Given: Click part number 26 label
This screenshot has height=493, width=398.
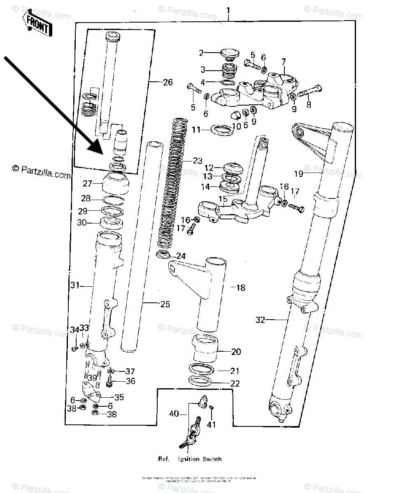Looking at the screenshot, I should (167, 82).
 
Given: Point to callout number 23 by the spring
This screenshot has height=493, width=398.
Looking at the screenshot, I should (198, 161).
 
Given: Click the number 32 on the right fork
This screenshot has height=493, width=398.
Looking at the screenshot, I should (260, 320).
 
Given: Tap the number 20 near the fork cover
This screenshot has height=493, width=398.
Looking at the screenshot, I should (236, 352).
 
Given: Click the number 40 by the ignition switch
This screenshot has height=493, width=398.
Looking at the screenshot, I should (174, 413).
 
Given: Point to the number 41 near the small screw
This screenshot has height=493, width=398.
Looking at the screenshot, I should (212, 425).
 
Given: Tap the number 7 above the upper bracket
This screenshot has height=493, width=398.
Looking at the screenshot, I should (283, 62).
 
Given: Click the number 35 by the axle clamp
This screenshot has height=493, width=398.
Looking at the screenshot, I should (119, 398).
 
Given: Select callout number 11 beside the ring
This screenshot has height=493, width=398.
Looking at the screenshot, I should (196, 130).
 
